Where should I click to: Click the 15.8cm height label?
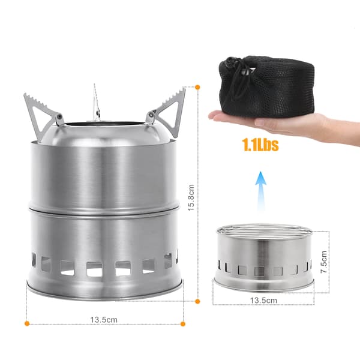point(191,197)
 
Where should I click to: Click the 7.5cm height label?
point(324,262)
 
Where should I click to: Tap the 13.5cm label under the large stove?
point(104,320)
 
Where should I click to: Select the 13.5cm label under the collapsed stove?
point(263,301)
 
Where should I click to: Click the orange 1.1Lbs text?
point(260,145)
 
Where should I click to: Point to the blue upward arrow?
point(260,191)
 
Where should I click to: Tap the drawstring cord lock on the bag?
point(246,73)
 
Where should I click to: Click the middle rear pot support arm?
point(97,103)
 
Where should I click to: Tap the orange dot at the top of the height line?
point(197,87)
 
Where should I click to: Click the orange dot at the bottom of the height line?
point(197,301)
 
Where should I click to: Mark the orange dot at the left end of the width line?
point(27,323)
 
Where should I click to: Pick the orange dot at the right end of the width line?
point(183,324)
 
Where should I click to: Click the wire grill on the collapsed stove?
point(264,231)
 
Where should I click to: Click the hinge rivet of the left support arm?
point(59,117)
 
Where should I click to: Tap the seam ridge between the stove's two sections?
point(104,210)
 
